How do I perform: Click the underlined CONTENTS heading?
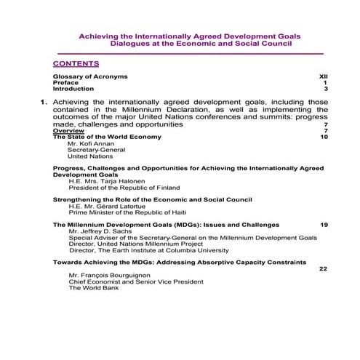(76, 63)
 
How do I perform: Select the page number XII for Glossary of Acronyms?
(324, 76)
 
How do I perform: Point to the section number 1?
(44, 103)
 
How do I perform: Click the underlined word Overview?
(68, 131)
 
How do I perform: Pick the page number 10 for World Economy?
(324, 137)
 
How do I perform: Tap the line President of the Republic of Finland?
(124, 188)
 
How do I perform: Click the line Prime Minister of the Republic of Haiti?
(123, 212)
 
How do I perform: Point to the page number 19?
(324, 225)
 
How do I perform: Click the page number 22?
(324, 268)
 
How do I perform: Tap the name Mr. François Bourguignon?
(110, 276)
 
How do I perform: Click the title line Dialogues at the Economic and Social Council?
(201, 43)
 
